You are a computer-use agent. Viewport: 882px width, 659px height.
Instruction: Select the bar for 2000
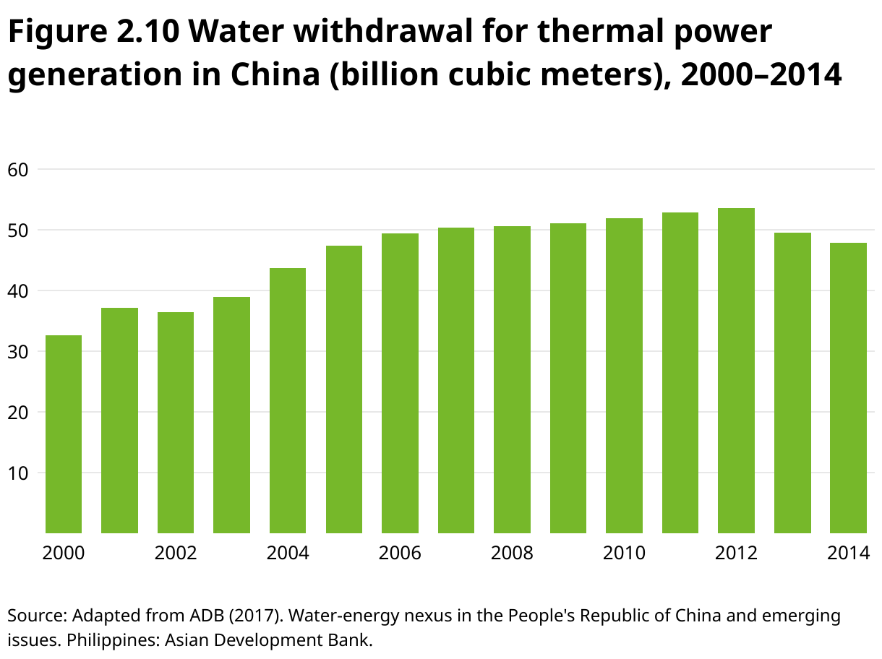[64, 434]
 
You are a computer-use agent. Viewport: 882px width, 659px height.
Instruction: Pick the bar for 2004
[288, 401]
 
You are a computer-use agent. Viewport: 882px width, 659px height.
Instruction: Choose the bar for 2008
[512, 380]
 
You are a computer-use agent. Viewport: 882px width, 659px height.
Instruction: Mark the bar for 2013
[792, 383]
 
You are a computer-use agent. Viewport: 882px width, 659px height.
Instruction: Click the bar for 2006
[400, 384]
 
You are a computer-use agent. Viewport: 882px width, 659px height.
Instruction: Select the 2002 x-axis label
[176, 554]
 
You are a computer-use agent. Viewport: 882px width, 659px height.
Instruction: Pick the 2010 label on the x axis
[624, 554]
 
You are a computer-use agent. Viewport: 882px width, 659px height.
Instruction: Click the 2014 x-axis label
[848, 554]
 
